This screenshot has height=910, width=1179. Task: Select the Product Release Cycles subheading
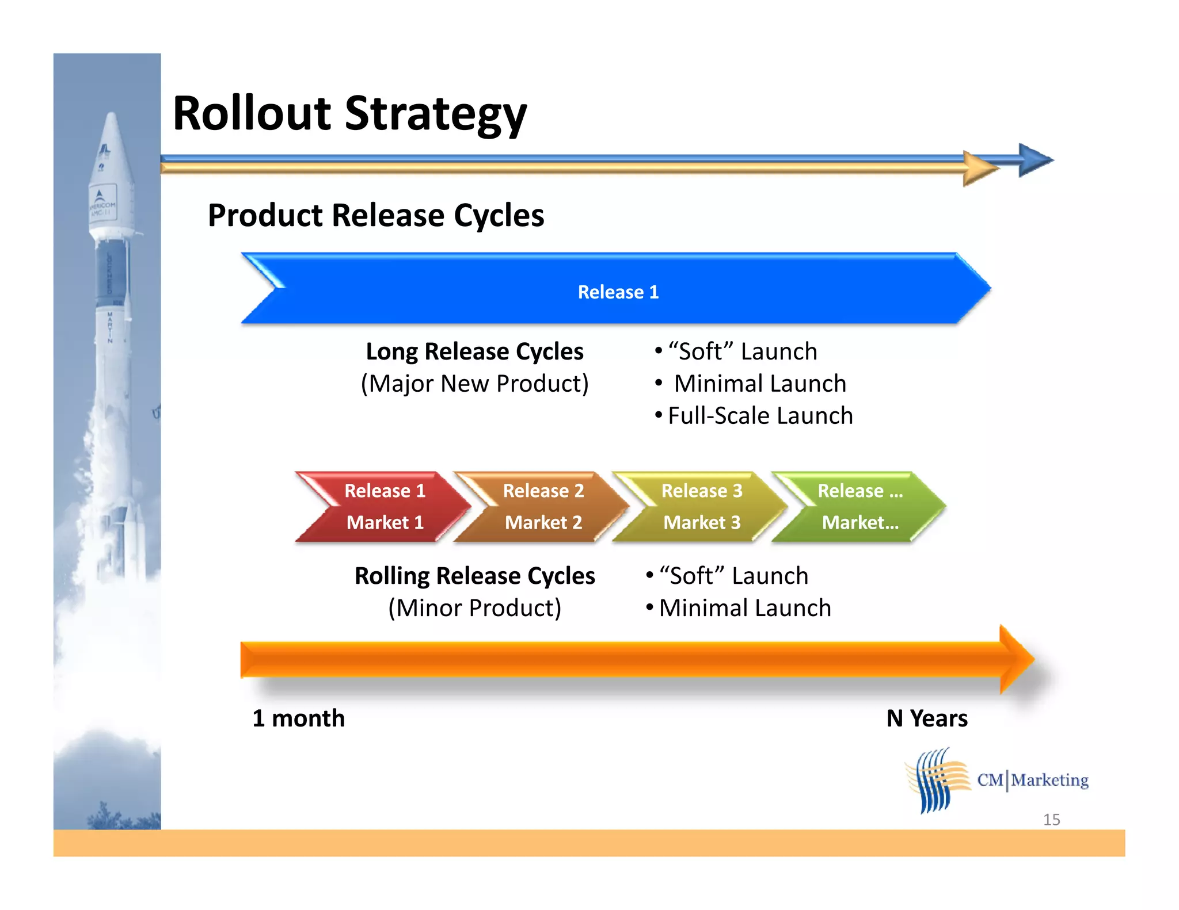point(375,216)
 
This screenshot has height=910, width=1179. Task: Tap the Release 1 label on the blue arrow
point(618,292)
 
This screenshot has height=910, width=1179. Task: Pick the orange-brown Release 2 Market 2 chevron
point(543,507)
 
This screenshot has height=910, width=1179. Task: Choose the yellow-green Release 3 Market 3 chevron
point(701,507)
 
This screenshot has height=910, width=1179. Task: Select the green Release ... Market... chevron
point(859,507)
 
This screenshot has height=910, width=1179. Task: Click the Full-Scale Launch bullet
point(760,416)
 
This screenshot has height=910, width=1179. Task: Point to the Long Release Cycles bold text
point(474,351)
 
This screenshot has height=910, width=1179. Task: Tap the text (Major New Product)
point(474,384)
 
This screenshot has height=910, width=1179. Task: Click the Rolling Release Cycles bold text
point(474,576)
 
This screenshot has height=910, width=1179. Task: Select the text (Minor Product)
point(474,608)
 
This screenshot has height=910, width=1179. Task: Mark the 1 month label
point(298,718)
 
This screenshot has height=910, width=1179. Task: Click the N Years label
point(927,718)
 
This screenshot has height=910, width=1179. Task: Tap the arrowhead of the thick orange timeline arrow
point(1016,659)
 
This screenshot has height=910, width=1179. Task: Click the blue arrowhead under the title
point(1035,160)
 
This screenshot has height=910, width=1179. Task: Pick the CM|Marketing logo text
point(1032,781)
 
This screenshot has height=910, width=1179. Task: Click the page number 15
point(1051,820)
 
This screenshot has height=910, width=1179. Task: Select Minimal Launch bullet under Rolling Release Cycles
point(744,608)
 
